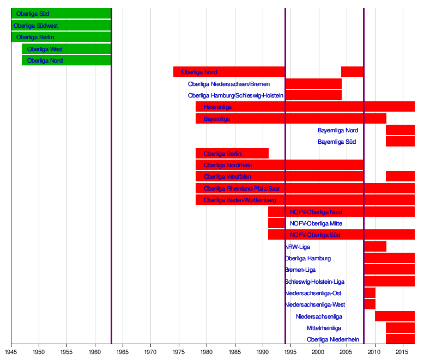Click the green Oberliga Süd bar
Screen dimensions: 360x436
[76, 14]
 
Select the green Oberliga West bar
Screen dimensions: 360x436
[82, 49]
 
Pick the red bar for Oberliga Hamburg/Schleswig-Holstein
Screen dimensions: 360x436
[313, 95]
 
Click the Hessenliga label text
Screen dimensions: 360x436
[217, 107]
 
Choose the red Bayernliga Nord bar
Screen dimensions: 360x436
[400, 130]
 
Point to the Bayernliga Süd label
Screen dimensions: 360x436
[337, 142]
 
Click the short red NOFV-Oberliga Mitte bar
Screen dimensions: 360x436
[276, 223]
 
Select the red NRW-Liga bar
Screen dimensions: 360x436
[375, 247]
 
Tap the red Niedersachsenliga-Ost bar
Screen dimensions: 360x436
[370, 293]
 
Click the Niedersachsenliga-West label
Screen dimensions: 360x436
[315, 305]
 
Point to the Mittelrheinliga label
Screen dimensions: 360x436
[324, 328]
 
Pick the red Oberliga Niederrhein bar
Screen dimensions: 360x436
[400, 339]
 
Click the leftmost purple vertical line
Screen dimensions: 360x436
[111, 163]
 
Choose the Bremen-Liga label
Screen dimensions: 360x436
[300, 270]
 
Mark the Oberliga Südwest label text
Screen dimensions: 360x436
[36, 26]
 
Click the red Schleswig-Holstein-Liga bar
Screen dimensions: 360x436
[389, 282]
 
